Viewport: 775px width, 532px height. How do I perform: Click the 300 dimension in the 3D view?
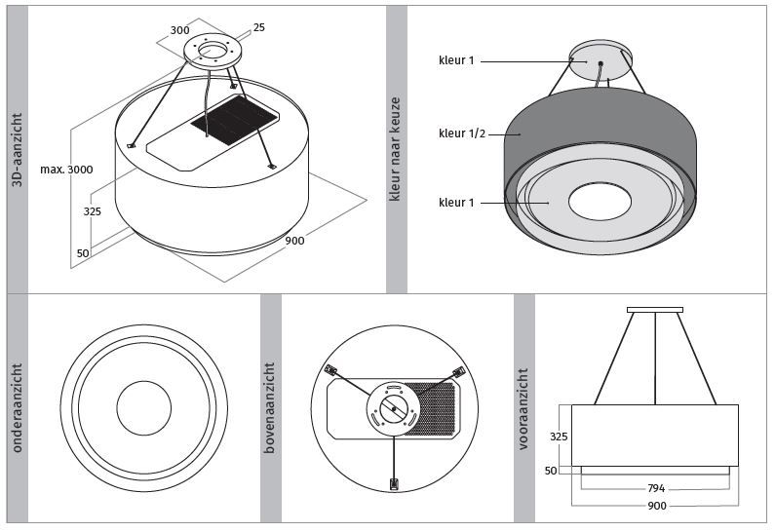(x=179, y=30)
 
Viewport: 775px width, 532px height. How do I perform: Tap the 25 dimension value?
(x=258, y=27)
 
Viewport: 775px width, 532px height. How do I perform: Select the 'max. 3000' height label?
(x=66, y=170)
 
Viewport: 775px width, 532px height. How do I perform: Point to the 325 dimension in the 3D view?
(x=93, y=211)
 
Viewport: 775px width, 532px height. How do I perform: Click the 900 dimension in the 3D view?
(x=293, y=241)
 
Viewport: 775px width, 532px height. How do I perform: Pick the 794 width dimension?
(x=656, y=488)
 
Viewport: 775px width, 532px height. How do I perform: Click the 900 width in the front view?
(x=656, y=506)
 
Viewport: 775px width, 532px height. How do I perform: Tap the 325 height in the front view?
(x=558, y=437)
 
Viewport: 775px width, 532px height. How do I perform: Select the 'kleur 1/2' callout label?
(x=462, y=133)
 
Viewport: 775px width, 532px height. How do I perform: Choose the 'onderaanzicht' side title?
(x=18, y=408)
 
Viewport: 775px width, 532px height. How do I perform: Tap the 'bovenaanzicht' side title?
(x=271, y=408)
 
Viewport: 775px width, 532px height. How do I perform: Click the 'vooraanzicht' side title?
(x=524, y=408)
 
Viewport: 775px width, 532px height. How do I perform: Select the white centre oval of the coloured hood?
(x=600, y=202)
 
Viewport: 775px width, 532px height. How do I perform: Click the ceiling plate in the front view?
(x=654, y=310)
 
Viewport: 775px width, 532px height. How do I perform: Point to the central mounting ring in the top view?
(x=394, y=409)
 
